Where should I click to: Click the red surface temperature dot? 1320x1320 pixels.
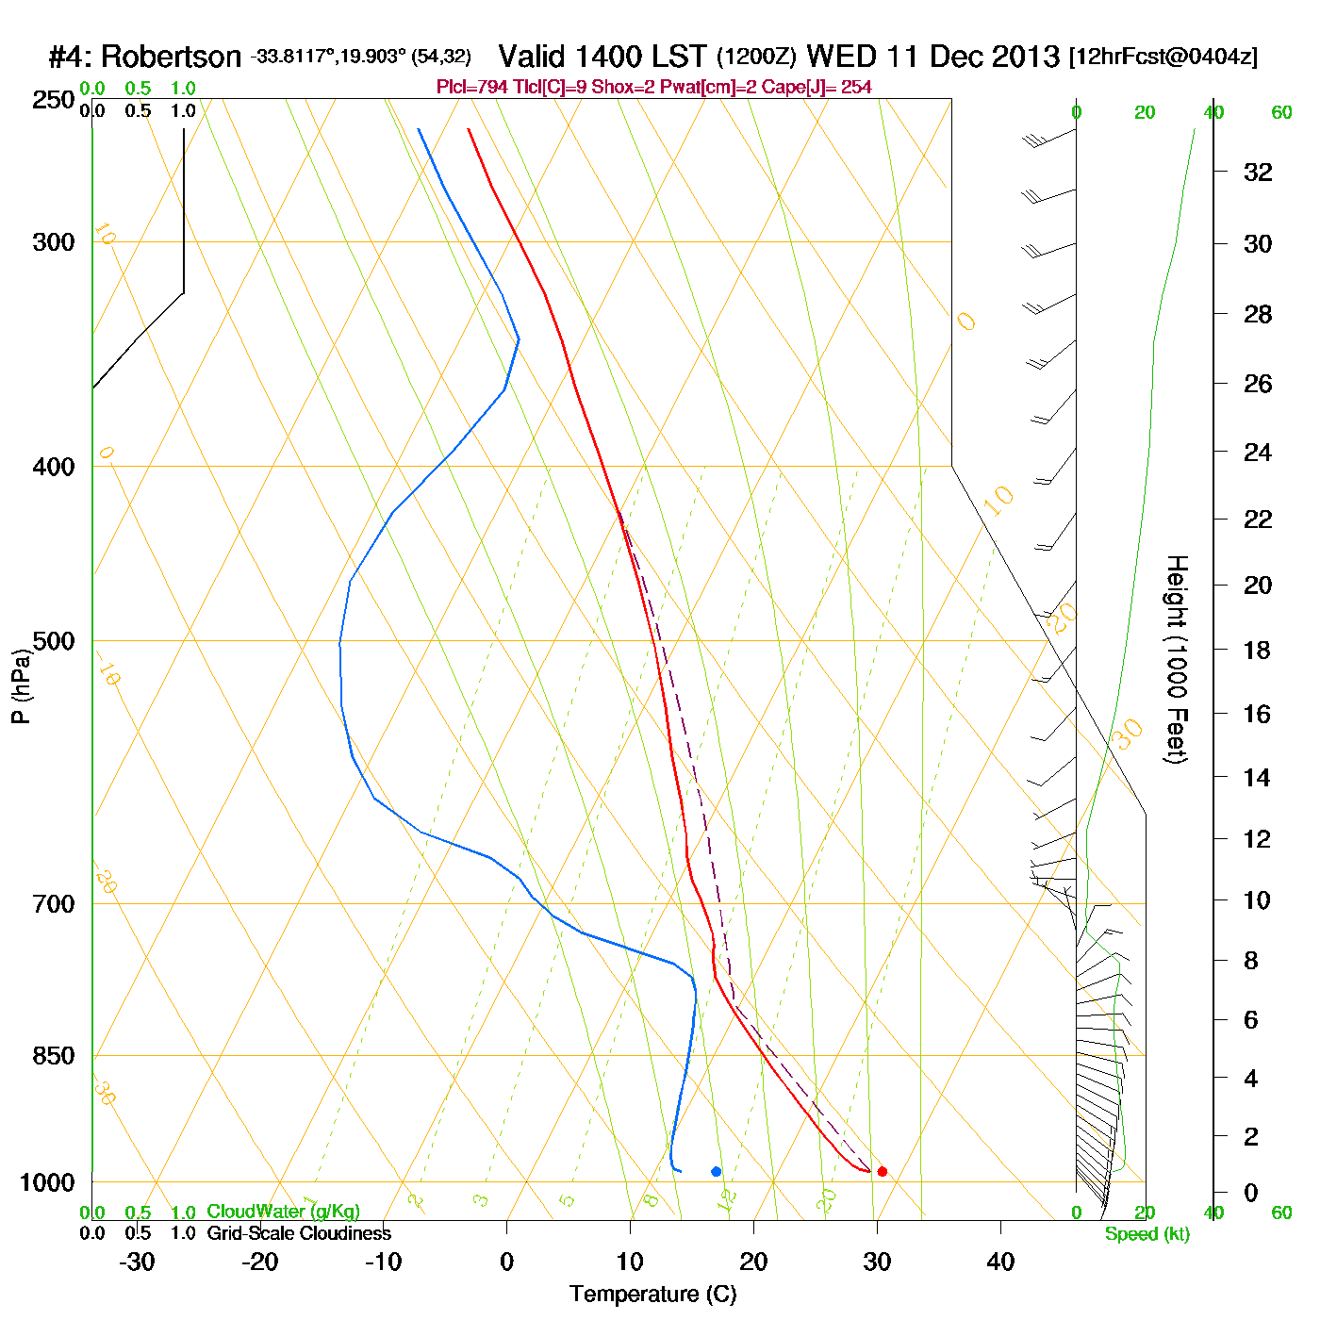click(x=882, y=1171)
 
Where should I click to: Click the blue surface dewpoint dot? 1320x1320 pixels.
click(x=716, y=1171)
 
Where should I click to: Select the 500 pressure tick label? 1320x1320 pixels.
click(x=55, y=641)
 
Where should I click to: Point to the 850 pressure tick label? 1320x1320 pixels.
click(x=55, y=1056)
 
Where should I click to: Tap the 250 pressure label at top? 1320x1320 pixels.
click(x=55, y=100)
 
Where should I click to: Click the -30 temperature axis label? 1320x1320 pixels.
click(x=137, y=1262)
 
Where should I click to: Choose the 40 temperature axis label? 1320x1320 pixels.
click(x=1000, y=1262)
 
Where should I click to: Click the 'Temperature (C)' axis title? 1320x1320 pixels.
click(x=652, y=1295)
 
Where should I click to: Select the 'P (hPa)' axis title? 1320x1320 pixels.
click(x=21, y=685)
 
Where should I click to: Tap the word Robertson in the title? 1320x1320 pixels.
click(x=171, y=57)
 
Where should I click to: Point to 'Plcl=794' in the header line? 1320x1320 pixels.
click(x=471, y=88)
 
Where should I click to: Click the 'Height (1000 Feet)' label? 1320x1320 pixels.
click(x=1177, y=659)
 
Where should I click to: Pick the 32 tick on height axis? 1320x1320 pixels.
click(x=1258, y=172)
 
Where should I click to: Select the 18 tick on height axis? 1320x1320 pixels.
click(x=1258, y=650)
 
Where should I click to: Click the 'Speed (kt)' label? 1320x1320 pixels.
click(x=1147, y=1234)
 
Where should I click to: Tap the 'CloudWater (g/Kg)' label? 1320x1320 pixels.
click(x=283, y=1212)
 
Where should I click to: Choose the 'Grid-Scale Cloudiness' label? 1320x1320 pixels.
click(x=299, y=1233)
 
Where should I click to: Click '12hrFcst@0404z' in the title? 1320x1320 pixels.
click(x=1163, y=57)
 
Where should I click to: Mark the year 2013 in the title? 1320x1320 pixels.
click(x=1022, y=57)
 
